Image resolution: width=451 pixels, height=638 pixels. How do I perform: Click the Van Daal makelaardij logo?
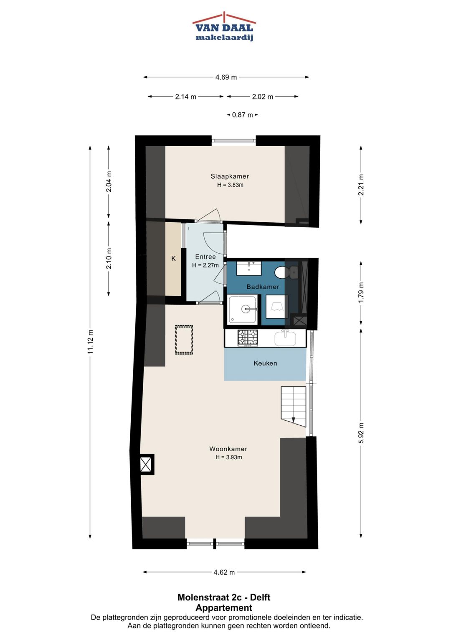tap(224, 27)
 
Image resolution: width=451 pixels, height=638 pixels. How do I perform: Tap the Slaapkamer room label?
tap(230, 176)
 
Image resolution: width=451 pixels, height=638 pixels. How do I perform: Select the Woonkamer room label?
tap(228, 449)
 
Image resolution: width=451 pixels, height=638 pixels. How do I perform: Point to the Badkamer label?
tap(263, 287)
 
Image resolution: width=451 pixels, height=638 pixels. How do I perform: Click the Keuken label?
tap(265, 363)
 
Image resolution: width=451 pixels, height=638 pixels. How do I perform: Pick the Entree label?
tap(205, 257)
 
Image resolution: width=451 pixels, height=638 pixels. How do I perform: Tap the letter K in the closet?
tap(173, 259)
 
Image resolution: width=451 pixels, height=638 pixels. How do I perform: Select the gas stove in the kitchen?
tap(248, 338)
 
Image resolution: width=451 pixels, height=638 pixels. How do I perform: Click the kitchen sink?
tap(285, 338)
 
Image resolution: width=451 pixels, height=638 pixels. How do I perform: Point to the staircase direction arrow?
tap(293, 419)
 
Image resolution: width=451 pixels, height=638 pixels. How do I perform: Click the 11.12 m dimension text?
tap(91, 342)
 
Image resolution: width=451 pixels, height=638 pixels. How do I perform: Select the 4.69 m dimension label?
tap(226, 77)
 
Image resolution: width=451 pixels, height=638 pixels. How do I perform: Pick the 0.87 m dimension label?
tap(242, 115)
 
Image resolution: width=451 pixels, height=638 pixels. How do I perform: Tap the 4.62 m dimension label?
tap(224, 572)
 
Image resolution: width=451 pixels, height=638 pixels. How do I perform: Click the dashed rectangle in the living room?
tap(184, 340)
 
